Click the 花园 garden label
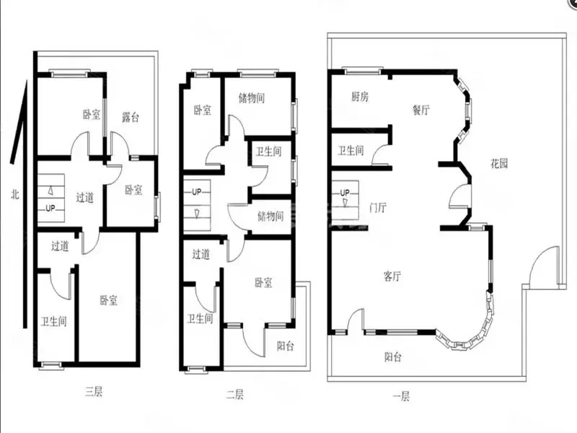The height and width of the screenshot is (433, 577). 499,164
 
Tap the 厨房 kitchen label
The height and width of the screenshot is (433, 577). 359,97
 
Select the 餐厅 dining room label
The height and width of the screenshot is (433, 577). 420,110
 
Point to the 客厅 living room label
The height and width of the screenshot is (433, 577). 392,276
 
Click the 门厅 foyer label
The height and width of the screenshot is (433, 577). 377,208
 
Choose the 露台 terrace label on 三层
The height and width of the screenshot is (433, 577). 131,118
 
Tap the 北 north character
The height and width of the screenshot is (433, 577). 14,194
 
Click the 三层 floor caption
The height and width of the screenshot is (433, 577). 94,391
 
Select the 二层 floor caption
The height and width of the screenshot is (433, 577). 235,395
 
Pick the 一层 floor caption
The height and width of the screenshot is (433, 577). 401,396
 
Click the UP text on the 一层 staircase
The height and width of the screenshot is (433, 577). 345,193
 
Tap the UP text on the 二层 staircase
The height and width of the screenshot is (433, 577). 196,192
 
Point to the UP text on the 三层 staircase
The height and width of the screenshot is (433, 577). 50,209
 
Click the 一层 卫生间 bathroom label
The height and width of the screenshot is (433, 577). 351,151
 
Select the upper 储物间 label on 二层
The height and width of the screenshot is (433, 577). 252,98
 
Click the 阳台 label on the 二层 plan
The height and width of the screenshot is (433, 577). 285,346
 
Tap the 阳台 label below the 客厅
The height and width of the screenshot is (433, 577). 393,357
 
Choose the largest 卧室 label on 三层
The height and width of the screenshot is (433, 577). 109,300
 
